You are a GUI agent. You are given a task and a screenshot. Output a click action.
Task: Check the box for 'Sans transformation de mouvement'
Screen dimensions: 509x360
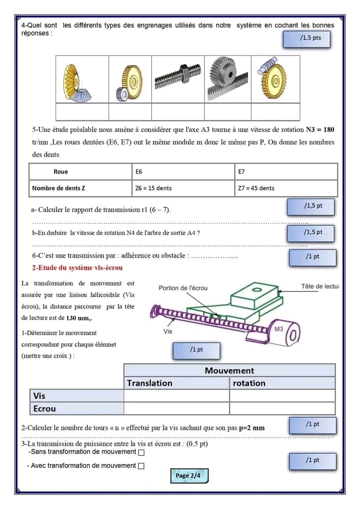coord(141,452)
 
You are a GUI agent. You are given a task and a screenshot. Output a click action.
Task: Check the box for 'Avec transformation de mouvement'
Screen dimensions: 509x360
coord(141,466)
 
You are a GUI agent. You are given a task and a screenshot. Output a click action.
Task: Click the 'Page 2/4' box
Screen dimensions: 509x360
coord(188,475)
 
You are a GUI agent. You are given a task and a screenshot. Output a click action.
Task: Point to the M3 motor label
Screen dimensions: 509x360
coord(279,328)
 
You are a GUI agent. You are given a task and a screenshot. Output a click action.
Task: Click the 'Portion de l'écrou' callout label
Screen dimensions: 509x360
coord(183,288)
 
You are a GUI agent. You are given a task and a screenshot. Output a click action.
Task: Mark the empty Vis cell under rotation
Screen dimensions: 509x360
coord(282,395)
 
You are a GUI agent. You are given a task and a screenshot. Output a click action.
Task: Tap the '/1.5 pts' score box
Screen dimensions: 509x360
coord(306,38)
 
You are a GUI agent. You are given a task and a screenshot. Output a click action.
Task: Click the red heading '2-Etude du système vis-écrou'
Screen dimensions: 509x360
coord(77,268)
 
